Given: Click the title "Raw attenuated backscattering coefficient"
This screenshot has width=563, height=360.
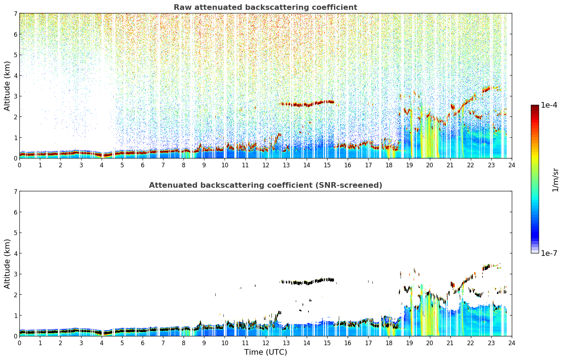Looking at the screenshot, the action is pos(265,7).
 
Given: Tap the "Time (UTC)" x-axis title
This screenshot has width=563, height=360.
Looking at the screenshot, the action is pos(265,352).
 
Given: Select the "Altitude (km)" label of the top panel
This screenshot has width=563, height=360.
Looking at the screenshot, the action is pos(7,86).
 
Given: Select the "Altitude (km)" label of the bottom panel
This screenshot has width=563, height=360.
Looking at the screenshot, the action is pos(7,264).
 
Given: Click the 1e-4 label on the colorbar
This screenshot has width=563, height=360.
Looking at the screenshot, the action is pos(549,105).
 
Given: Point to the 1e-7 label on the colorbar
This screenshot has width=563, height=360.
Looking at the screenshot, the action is pos(549,253).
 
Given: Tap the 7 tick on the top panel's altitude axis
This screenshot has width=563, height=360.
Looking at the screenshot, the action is pos(15,13).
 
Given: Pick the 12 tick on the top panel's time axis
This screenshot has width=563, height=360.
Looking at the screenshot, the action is pos(266,165).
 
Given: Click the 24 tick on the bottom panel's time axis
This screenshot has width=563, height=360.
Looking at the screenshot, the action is pos(512,343).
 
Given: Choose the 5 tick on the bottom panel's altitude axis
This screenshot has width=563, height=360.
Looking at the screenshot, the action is pos(15,233).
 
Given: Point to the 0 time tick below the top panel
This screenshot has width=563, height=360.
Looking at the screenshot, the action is pos(20,165).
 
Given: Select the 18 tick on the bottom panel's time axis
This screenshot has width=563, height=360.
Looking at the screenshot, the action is pos(389,343).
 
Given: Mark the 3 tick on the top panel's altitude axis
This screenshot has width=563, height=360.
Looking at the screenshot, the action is pos(15,96).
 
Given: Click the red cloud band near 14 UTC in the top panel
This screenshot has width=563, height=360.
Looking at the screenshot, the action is pos(307,104).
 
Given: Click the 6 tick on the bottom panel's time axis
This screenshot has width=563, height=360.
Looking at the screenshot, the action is pos(143,343).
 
